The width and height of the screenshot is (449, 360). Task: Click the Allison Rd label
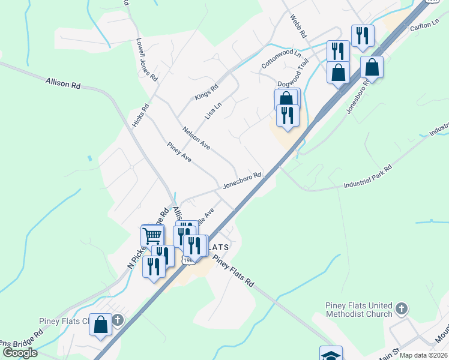pos(62,83)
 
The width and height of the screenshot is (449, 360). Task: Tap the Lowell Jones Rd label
pos(146,61)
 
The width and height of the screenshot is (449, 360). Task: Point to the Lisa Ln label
pos(214,109)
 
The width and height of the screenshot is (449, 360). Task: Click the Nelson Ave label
pos(196,138)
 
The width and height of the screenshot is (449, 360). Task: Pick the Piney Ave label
pos(179,152)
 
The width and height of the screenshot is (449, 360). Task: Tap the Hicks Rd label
pos(140,115)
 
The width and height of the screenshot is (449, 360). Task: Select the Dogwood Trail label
pos(292,85)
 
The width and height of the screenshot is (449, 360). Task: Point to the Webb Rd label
pos(298,26)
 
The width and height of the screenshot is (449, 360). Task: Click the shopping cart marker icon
pos(152,235)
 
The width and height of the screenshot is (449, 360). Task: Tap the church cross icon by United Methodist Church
pos(402,310)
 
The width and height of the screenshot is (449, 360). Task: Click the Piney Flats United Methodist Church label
pos(359,309)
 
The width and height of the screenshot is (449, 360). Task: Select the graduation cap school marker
pos(331,355)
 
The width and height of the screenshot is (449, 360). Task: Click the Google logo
pos(20,353)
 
